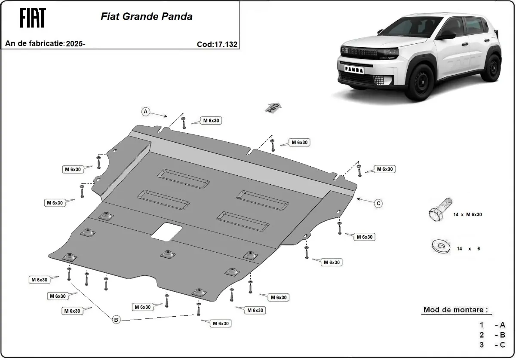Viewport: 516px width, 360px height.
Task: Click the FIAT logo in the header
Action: (32, 18)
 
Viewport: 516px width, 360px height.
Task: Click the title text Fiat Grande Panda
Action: (146, 17)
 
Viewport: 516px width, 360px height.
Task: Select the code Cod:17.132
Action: (217, 44)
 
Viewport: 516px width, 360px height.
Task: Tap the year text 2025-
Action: (76, 44)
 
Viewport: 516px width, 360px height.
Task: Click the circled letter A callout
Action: (146, 112)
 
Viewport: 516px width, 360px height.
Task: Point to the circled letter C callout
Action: (378, 204)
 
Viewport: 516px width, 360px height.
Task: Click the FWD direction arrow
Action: (273, 107)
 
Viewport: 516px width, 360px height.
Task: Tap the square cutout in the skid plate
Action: (166, 231)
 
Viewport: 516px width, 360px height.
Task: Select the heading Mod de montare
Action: (455, 310)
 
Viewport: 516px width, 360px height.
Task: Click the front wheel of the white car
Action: (421, 84)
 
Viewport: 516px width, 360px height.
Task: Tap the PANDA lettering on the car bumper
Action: (353, 69)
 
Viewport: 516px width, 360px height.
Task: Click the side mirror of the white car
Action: (446, 35)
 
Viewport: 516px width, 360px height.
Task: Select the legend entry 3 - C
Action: (492, 345)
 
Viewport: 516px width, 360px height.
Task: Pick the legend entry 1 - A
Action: (492, 325)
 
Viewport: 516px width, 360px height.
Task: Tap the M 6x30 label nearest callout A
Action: (212, 121)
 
